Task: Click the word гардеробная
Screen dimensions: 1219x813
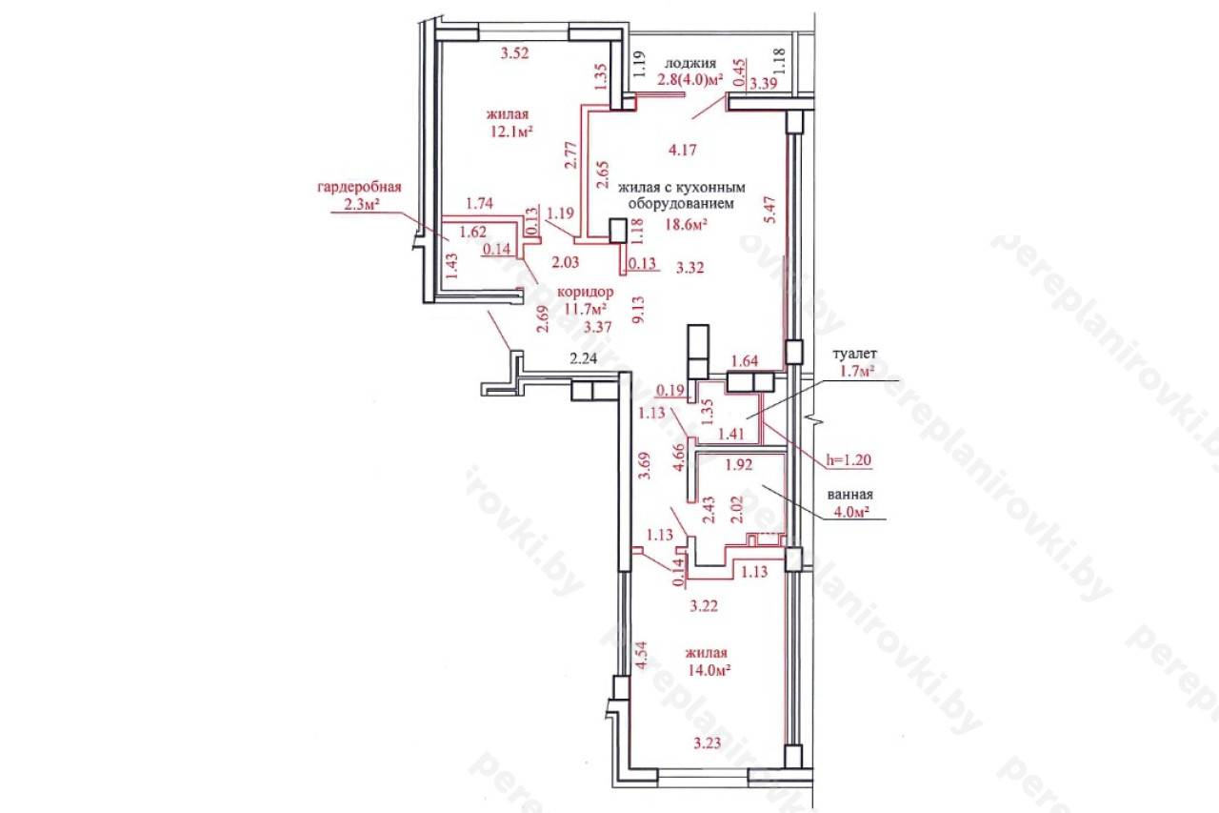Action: pyautogui.click(x=359, y=188)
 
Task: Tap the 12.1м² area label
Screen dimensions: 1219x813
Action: pyautogui.click(x=511, y=132)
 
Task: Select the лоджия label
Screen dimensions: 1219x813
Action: pyautogui.click(x=690, y=63)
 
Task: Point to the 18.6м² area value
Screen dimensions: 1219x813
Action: pyautogui.click(x=687, y=224)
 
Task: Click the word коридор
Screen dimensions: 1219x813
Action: pyautogui.click(x=586, y=293)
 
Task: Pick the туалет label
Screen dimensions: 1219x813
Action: pyautogui.click(x=855, y=354)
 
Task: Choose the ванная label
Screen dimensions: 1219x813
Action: pyautogui.click(x=850, y=495)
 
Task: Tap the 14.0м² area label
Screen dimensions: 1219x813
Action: pyautogui.click(x=709, y=670)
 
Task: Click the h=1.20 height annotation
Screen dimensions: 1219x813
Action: pyautogui.click(x=849, y=460)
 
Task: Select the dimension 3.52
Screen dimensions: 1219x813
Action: pyautogui.click(x=515, y=53)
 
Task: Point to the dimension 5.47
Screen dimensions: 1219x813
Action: pyautogui.click(x=770, y=210)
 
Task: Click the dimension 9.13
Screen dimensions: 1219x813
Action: pyautogui.click(x=638, y=310)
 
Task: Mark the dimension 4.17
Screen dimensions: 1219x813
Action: pyautogui.click(x=683, y=150)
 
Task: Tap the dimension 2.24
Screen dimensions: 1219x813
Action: pyautogui.click(x=584, y=358)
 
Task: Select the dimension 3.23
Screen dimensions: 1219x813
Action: pyautogui.click(x=708, y=742)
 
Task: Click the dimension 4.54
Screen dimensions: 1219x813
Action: pyautogui.click(x=642, y=656)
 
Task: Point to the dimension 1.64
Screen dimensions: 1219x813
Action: pyautogui.click(x=745, y=361)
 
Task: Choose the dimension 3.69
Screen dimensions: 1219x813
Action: pyautogui.click(x=645, y=465)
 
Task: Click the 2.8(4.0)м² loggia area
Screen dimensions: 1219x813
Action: pyautogui.click(x=690, y=80)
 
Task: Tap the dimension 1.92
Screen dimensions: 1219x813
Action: pyautogui.click(x=739, y=464)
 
